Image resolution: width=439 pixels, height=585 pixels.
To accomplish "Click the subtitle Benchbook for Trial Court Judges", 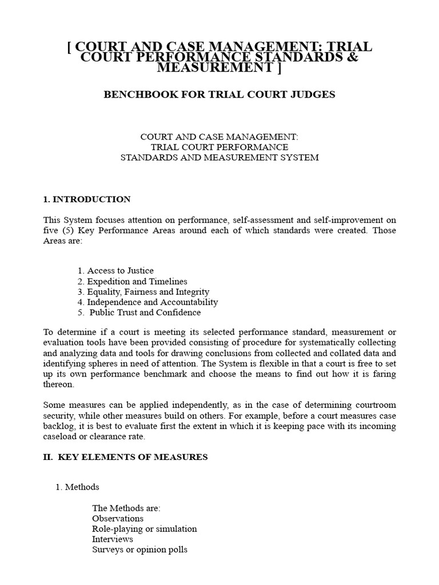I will pos(219,94).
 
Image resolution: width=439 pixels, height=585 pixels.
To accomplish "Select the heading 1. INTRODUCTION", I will pos(87,199).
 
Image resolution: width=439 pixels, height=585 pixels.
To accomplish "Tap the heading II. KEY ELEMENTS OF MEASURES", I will pos(125,456).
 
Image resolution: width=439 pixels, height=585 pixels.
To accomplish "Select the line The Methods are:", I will pos(126,508).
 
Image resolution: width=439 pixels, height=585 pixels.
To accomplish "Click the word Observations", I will pos(118,519).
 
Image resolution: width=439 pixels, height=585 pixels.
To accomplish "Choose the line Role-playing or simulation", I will pos(144,529).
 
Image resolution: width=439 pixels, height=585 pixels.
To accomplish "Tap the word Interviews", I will pos(113,539).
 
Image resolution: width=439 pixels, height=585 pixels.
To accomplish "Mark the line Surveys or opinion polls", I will pos(139,550).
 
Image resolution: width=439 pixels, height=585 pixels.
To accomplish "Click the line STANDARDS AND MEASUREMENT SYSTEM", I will pos(219,157).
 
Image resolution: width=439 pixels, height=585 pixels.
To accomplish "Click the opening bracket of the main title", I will pos(70,46).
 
